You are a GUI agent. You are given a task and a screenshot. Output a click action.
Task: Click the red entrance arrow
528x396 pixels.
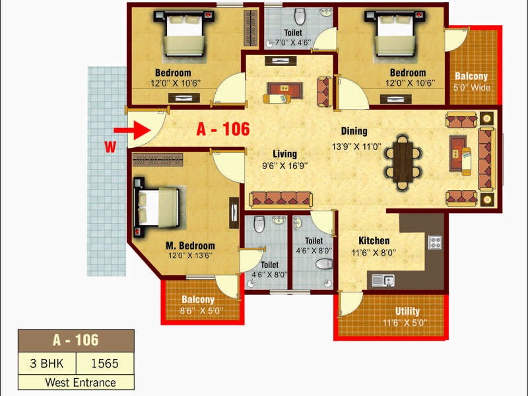132,130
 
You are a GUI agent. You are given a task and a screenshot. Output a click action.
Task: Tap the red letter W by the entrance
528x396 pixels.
110,147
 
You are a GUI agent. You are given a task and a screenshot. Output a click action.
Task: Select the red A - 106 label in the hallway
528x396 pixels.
223,129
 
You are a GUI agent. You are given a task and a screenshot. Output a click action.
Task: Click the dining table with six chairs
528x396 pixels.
403,162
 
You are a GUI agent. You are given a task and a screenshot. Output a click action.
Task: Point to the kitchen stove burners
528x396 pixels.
435,242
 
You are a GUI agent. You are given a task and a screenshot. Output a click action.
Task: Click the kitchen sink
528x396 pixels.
383,280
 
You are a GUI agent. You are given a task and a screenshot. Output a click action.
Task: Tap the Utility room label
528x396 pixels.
407,311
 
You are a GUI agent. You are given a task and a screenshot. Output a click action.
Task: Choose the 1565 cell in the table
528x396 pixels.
105,364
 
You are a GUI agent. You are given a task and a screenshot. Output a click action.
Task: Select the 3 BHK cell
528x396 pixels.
47,364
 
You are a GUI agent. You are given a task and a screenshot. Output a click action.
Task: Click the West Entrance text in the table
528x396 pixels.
81,383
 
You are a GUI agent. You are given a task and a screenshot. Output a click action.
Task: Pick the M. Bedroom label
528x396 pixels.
190,246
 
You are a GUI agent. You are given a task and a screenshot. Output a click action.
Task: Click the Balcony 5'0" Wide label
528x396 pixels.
471,81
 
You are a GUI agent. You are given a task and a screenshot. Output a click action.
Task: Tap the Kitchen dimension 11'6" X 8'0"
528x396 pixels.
374,253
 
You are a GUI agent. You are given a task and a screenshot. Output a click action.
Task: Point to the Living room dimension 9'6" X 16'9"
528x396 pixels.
285,166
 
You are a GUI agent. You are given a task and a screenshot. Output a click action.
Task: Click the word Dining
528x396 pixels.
354,131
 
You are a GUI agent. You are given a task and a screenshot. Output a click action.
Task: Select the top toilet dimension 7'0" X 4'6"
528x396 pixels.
293,43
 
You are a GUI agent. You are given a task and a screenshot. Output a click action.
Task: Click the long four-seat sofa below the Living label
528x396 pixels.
281,199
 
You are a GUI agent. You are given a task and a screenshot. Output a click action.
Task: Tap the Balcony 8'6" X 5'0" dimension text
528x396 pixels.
201,310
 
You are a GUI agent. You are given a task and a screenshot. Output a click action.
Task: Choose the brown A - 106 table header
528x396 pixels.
76,341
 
